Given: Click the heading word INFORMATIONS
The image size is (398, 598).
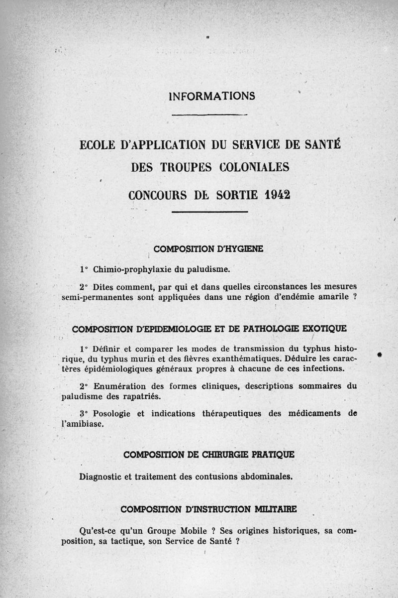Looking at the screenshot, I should pos(212,96).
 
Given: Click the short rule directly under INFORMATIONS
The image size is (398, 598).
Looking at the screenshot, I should pos(209,115).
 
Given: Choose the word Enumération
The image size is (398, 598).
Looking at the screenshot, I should pos(119,386).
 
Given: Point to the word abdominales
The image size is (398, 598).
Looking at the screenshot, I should pos(267,476).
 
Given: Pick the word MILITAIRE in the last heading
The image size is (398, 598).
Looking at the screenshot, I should pos(276,509).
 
